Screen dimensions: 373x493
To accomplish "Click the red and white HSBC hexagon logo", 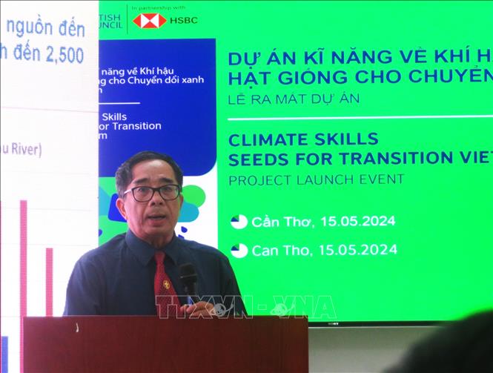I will (x=149, y=20).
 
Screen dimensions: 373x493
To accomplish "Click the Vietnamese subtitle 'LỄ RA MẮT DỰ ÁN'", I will (x=294, y=99).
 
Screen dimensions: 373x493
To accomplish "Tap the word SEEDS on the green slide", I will (x=257, y=158).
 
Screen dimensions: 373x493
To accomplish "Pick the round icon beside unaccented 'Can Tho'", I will (x=239, y=250).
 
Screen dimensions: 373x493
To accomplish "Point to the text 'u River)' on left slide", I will (x=20, y=149).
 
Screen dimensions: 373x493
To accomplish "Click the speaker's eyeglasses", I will (x=152, y=192).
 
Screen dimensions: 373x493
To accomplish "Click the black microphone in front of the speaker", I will (x=188, y=278).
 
